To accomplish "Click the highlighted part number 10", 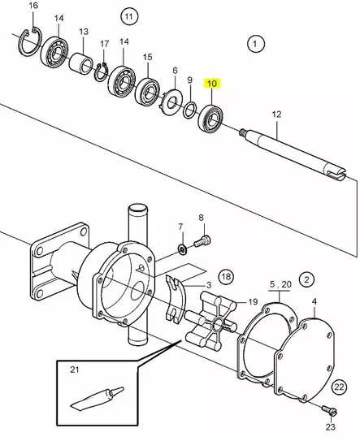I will click(211, 84).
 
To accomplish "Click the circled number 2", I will click(306, 279).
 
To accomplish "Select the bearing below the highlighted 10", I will click(213, 116).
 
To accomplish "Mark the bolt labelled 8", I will click(203, 240).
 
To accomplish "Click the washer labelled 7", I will click(182, 244).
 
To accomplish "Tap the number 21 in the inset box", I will click(74, 370).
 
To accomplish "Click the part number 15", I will click(147, 57).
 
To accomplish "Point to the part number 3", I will click(209, 285).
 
